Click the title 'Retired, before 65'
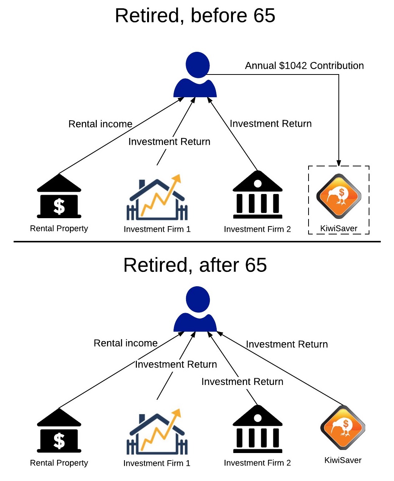click(195, 16)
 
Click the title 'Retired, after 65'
click(195, 265)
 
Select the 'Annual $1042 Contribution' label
click(304, 66)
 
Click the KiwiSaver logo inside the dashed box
click(338, 196)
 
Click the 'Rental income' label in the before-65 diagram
click(100, 124)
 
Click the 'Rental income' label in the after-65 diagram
click(126, 343)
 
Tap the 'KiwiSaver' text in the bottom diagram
click(343, 460)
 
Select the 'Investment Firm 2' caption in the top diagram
click(257, 229)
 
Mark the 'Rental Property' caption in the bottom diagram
click(59, 463)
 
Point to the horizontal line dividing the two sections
click(197, 241)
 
